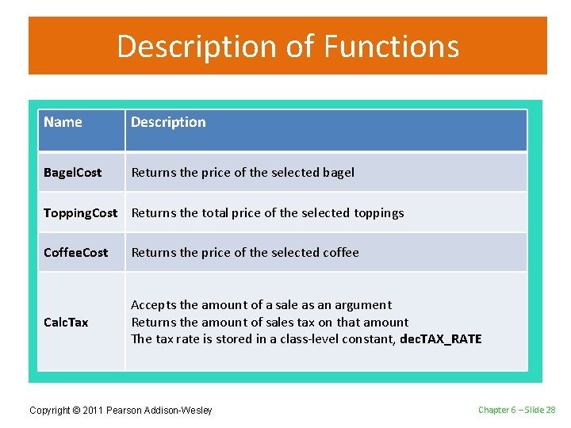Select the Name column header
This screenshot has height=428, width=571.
pyautogui.click(x=63, y=122)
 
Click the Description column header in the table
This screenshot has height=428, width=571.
pyautogui.click(x=168, y=122)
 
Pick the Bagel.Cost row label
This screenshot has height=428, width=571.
pyautogui.click(x=72, y=173)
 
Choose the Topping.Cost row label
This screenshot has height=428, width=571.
pyautogui.click(x=80, y=212)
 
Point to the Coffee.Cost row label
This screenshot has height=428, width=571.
pyautogui.click(x=75, y=253)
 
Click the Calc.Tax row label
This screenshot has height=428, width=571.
pyautogui.click(x=66, y=323)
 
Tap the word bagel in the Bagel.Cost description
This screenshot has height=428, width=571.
pyautogui.click(x=339, y=173)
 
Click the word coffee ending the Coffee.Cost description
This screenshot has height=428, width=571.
pyautogui.click(x=341, y=253)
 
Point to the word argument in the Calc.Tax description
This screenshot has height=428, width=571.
pyautogui.click(x=363, y=305)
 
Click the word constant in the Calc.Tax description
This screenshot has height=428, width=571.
pyautogui.click(x=369, y=339)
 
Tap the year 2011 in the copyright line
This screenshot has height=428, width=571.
pyautogui.click(x=93, y=410)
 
